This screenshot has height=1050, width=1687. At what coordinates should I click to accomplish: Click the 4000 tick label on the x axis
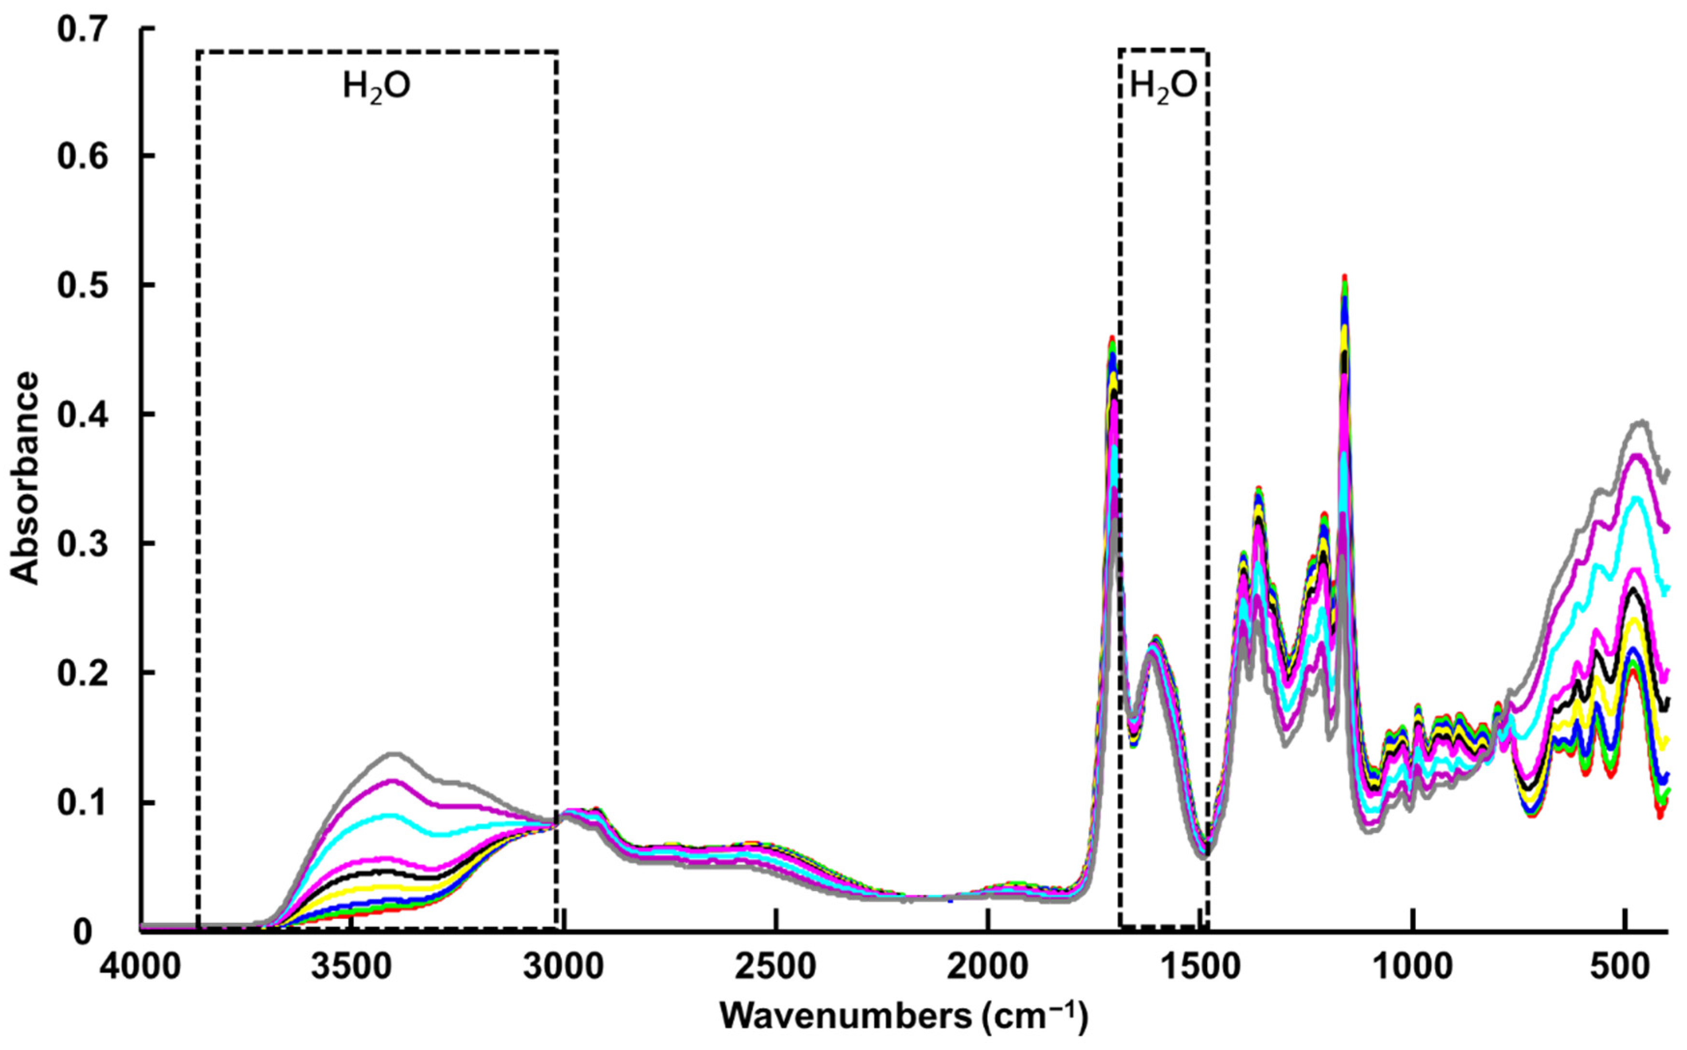tap(141, 967)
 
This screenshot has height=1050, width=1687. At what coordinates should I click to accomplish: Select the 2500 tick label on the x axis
tap(775, 967)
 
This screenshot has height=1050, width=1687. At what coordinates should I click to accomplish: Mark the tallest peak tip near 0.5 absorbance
tap(1344, 276)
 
